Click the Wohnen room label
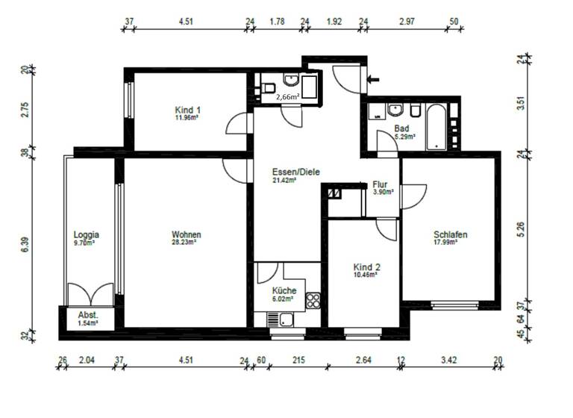[x=186, y=234]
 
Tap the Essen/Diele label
[x=296, y=171]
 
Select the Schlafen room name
[x=450, y=234]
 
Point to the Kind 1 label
[x=187, y=110]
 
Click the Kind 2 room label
[x=366, y=266]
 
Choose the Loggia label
[x=87, y=234]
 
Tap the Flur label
[x=381, y=184]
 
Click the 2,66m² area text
[x=287, y=97]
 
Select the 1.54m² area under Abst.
[x=87, y=324]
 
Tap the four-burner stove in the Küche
[x=313, y=301]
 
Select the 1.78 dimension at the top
[x=277, y=21]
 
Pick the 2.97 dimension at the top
[x=407, y=21]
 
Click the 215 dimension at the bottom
[x=298, y=361]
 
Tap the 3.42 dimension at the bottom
[x=448, y=361]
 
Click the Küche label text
[x=284, y=290]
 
